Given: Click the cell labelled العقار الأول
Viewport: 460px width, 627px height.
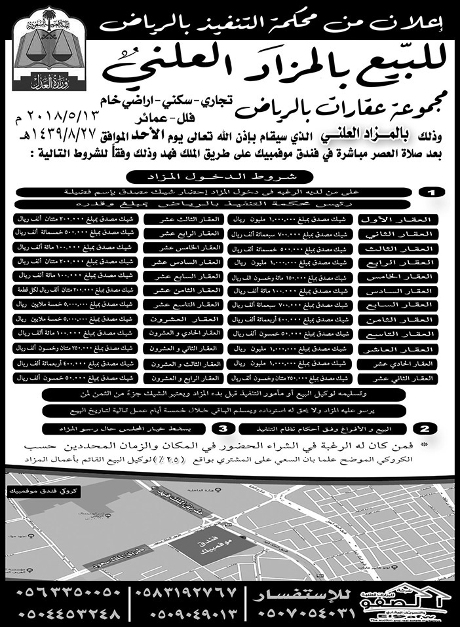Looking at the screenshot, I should click(396, 219).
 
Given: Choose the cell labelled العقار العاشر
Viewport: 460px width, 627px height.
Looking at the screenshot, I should click(396, 349).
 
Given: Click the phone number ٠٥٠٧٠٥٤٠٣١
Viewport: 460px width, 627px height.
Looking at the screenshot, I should click(308, 615).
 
